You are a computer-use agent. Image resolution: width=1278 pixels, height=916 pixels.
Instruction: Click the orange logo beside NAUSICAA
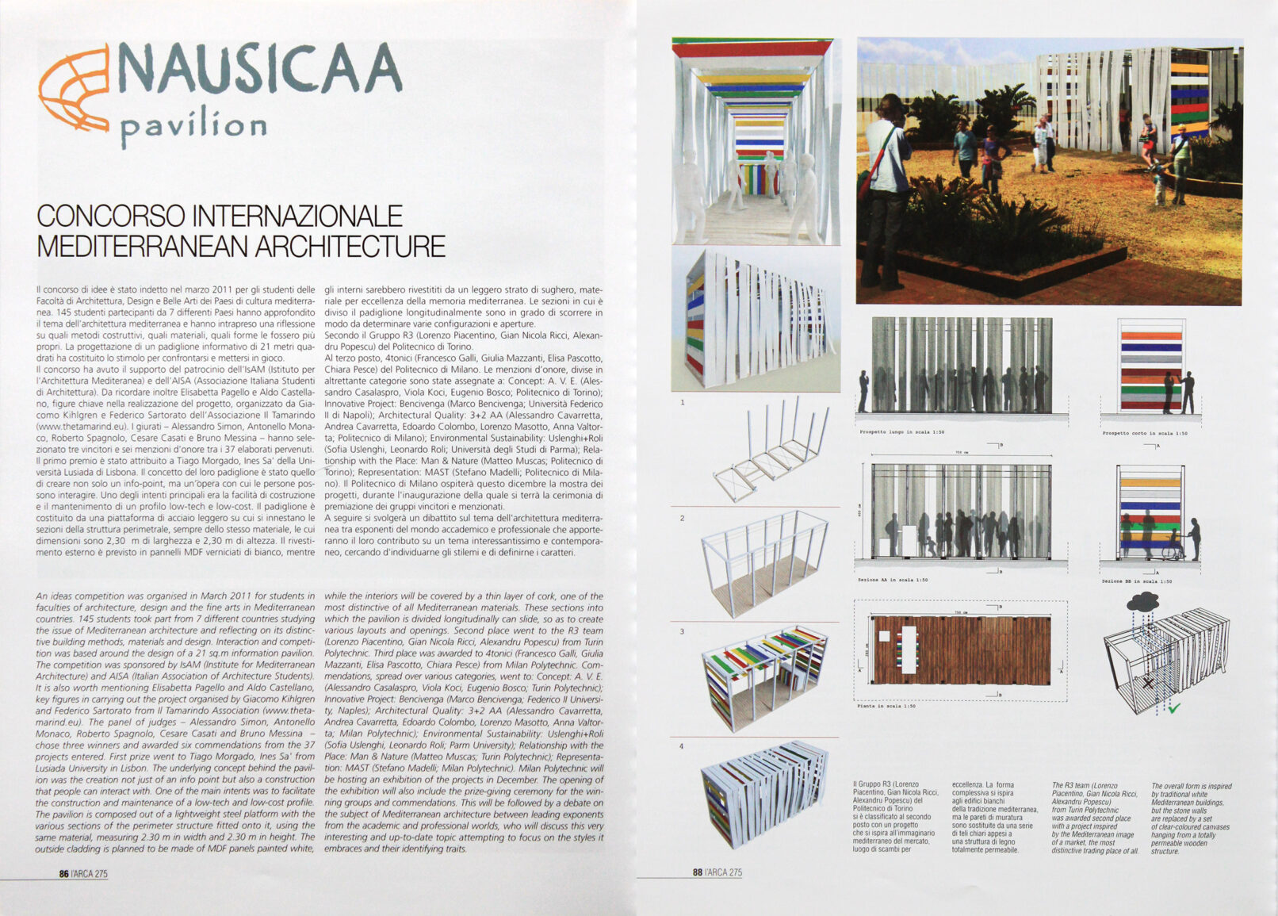coord(75,92)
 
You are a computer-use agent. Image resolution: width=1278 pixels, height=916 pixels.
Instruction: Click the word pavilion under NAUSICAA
coord(193,127)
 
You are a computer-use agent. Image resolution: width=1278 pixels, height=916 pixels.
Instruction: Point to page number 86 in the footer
coord(63,873)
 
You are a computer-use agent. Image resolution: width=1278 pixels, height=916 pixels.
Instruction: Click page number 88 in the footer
coord(698,872)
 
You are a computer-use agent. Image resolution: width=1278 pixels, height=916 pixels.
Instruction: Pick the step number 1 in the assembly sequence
coord(682,403)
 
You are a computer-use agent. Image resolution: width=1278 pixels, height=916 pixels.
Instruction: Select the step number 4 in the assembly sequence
coord(681,746)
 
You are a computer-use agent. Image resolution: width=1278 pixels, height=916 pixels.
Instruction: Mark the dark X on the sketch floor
coord(1147,683)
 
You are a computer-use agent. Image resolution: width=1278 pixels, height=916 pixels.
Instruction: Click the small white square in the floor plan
coord(884,635)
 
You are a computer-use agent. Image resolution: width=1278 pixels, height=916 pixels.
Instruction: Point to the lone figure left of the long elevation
coord(863,391)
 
